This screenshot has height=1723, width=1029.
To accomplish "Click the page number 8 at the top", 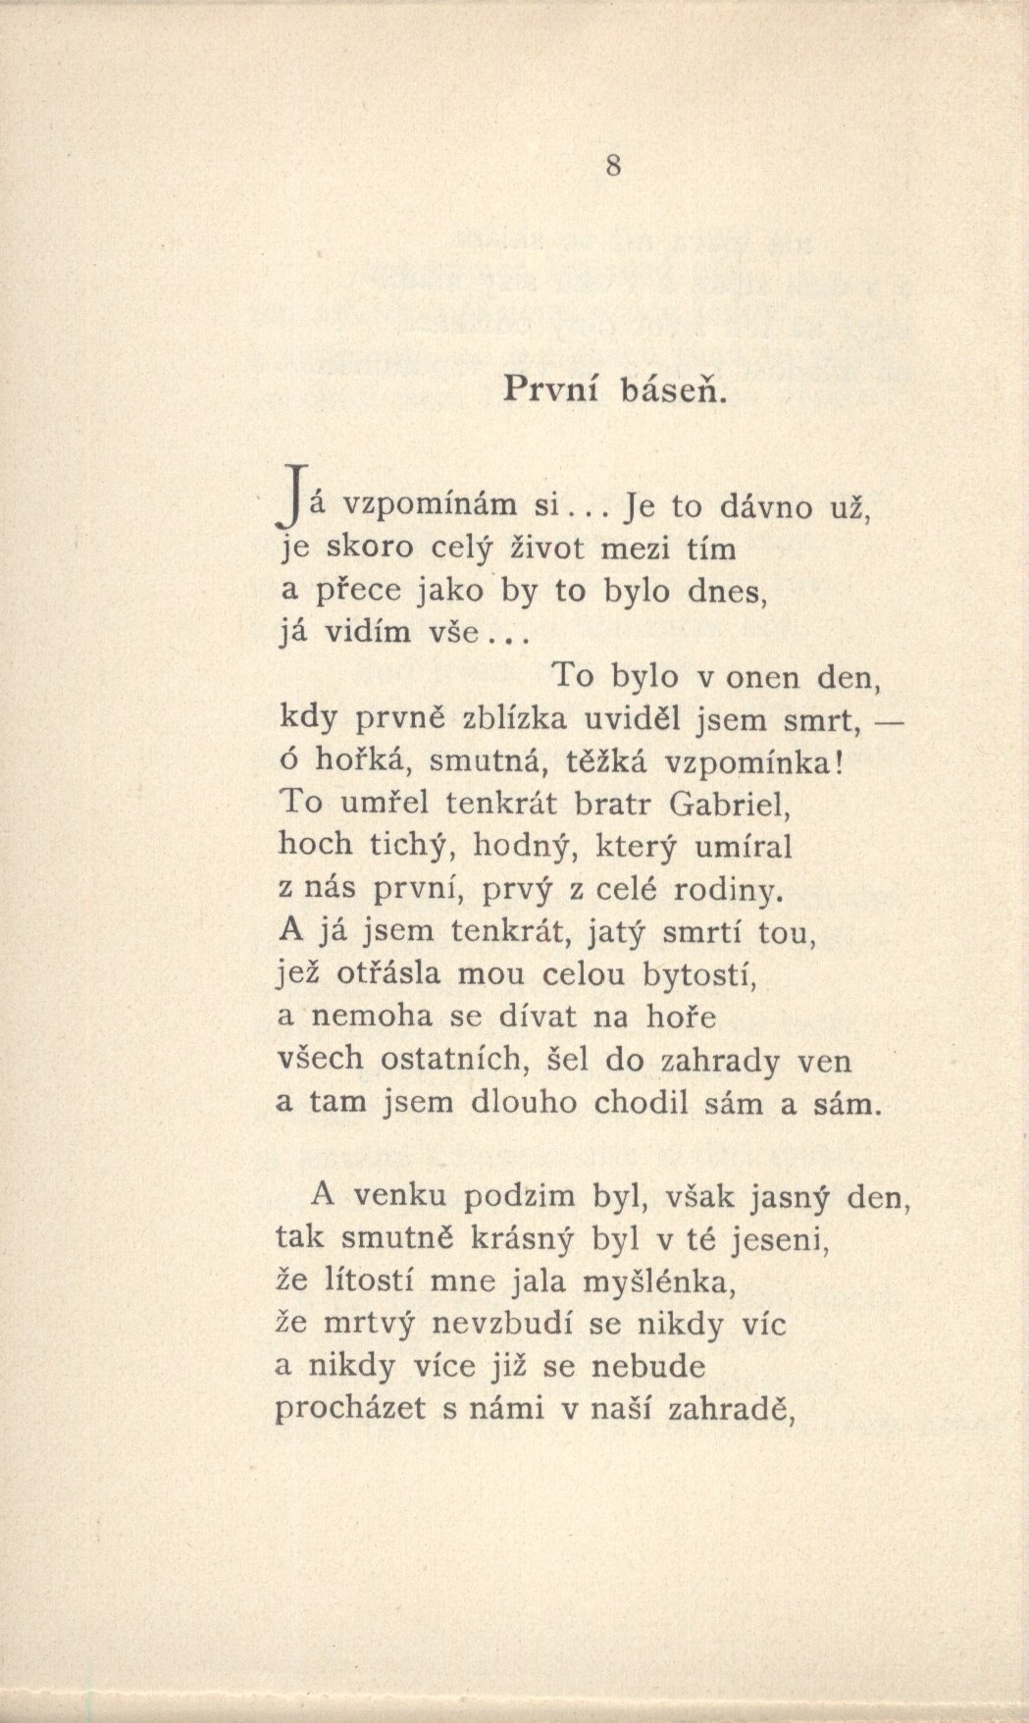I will click(613, 166).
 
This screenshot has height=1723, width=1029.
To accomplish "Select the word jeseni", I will click(782, 1241).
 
